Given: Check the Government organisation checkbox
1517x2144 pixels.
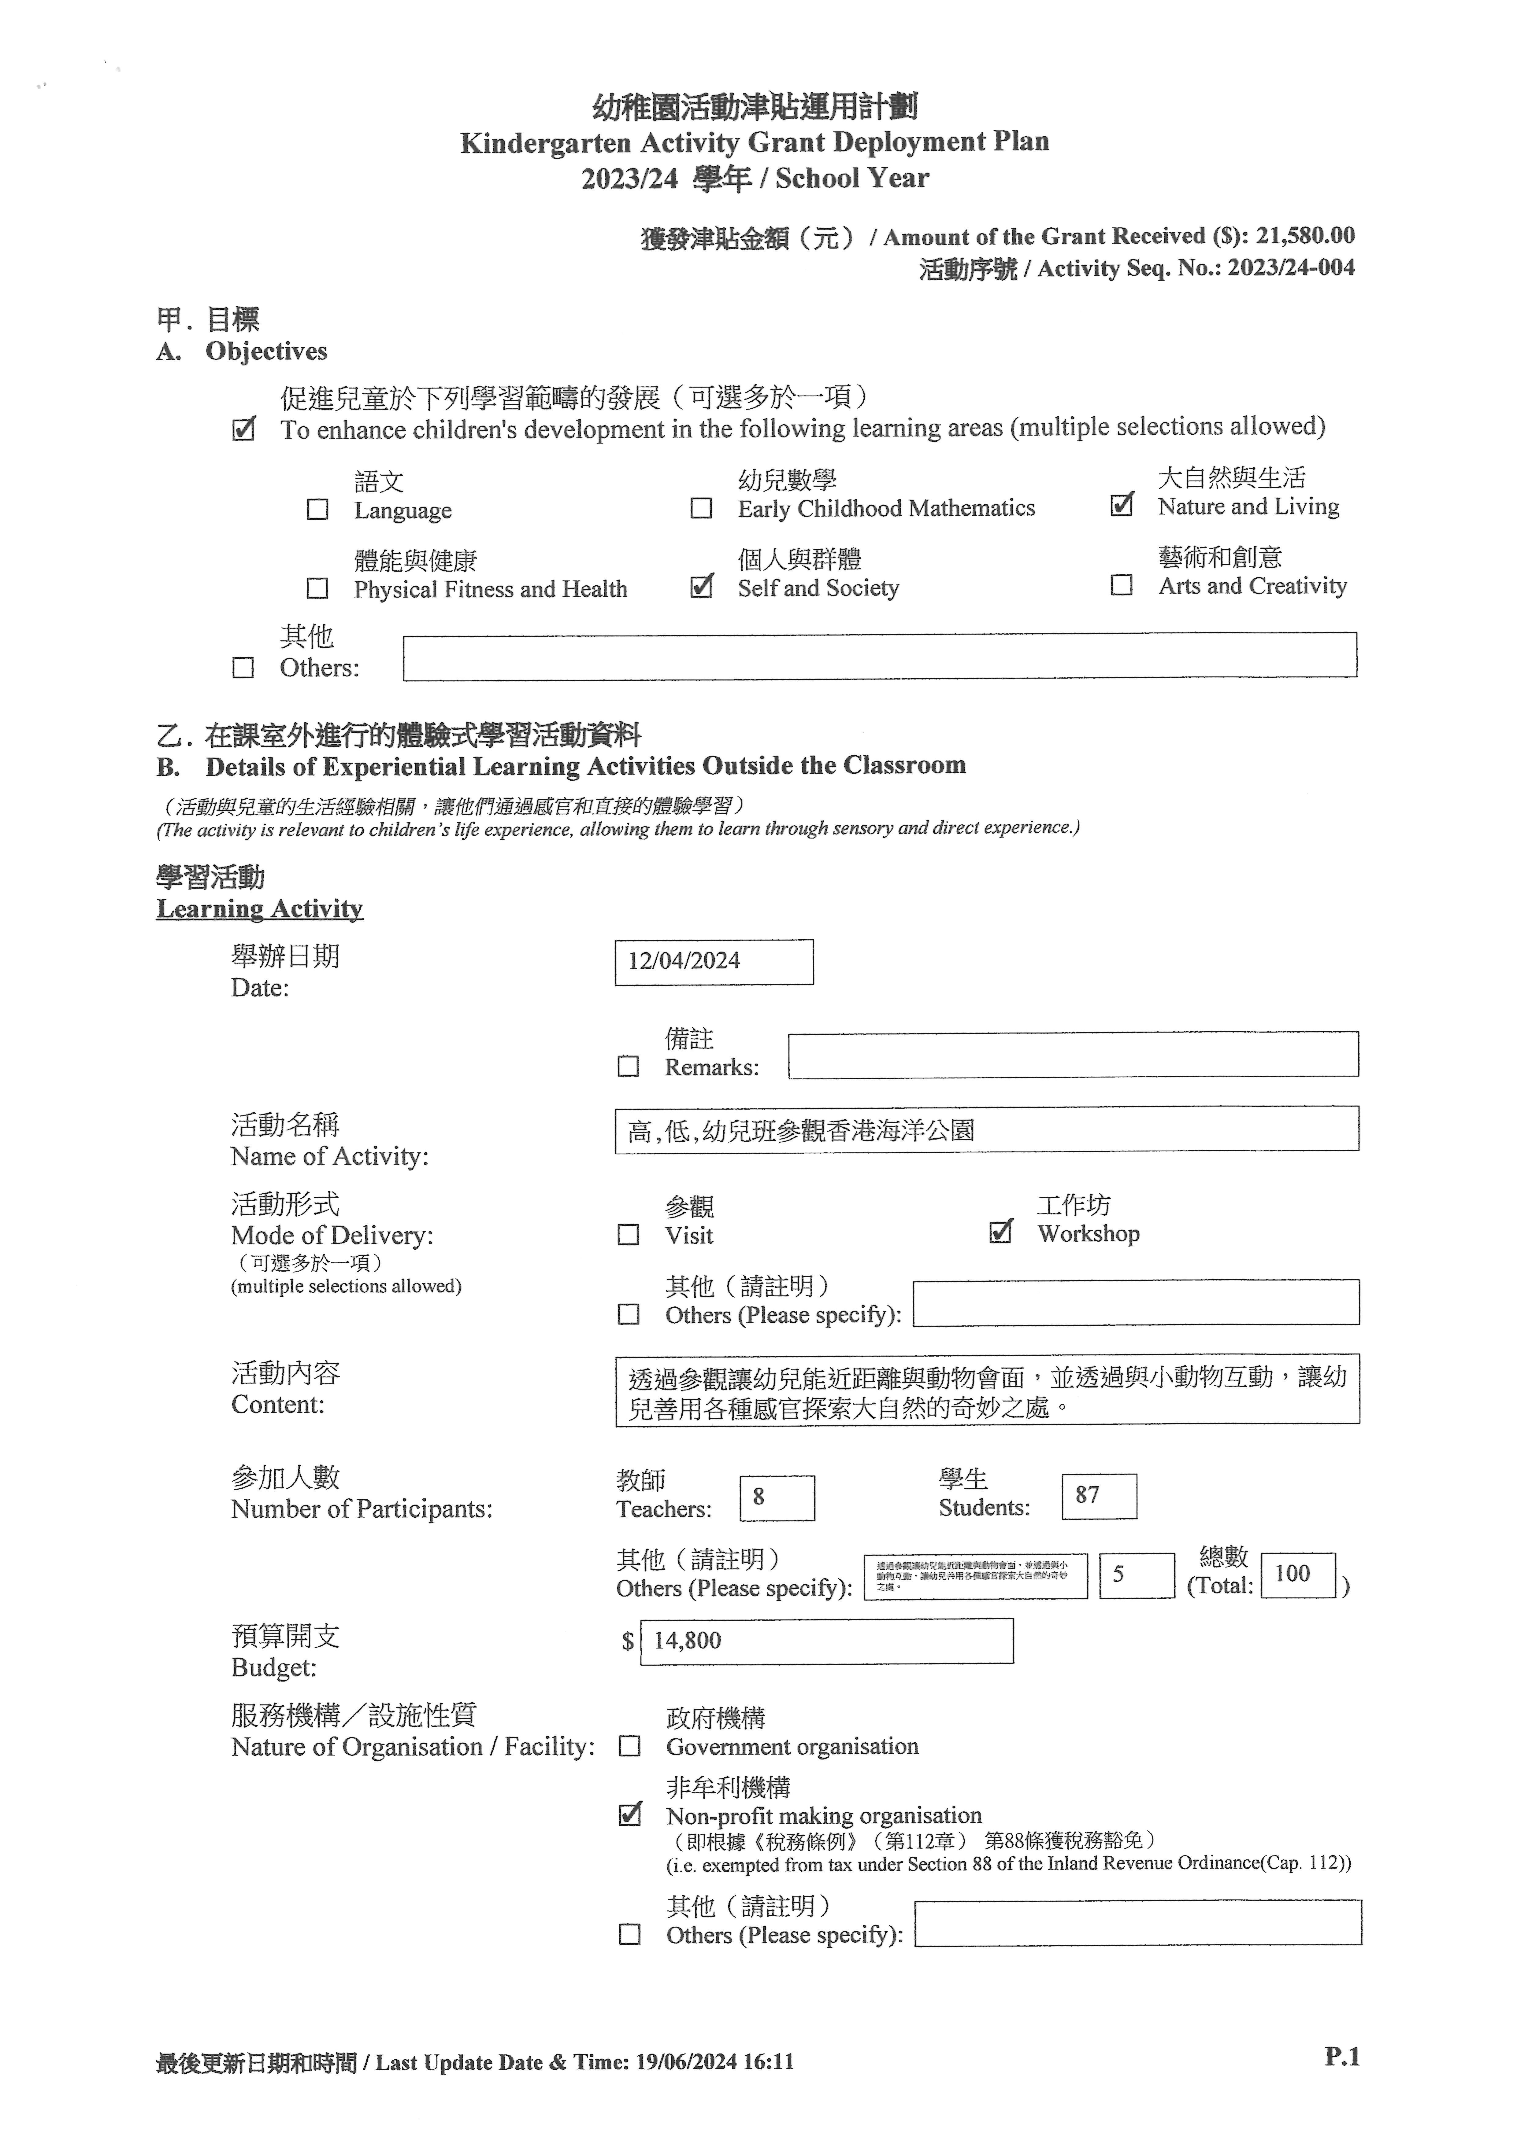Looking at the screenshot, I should point(631,1746).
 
